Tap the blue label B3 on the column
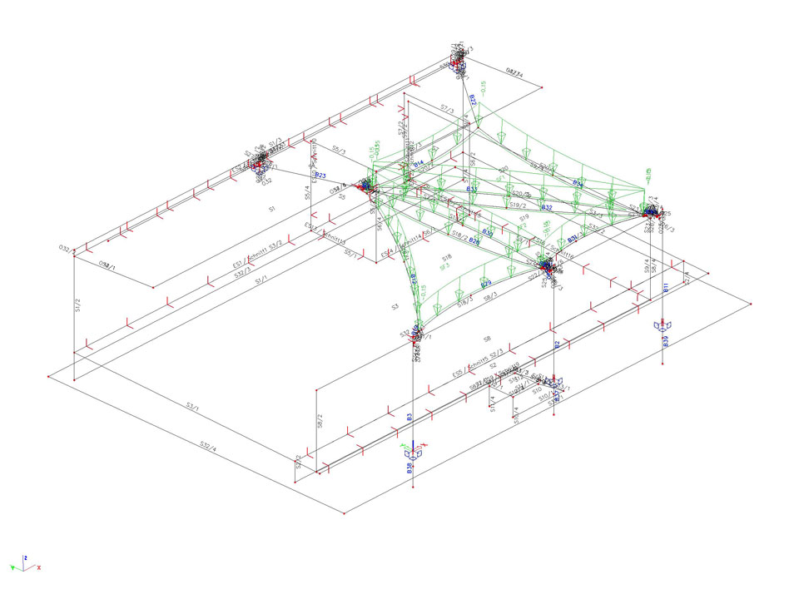409,418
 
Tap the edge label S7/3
446,108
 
